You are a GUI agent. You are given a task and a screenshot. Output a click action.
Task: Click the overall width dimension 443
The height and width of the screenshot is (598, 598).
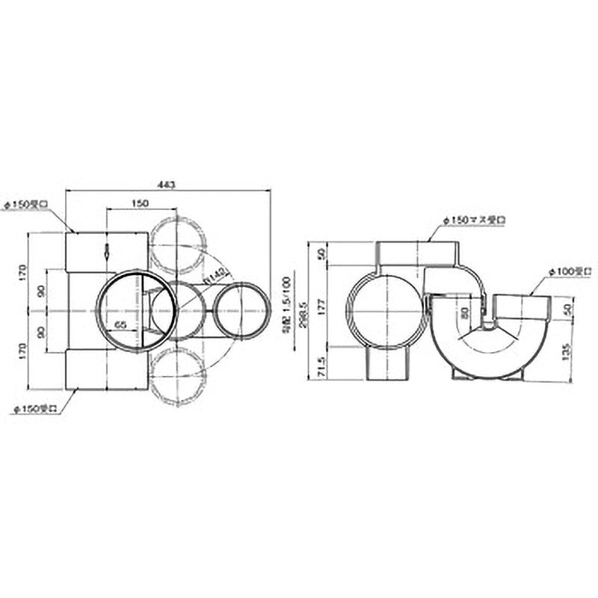tap(168, 185)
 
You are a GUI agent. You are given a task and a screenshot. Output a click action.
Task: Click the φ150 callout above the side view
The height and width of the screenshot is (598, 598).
tap(474, 220)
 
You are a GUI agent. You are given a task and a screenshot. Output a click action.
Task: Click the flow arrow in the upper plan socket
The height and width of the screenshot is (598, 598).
tap(107, 251)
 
